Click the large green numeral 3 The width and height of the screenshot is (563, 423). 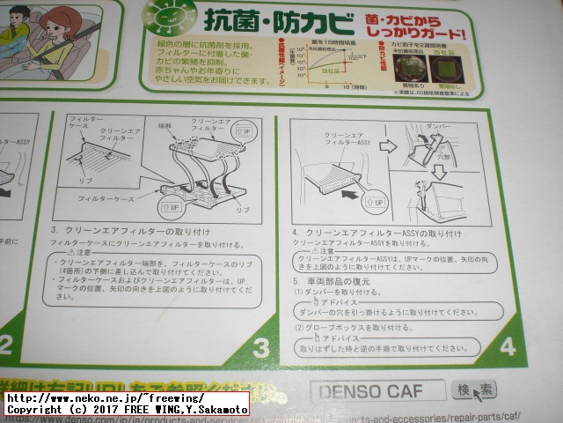[x=261, y=346]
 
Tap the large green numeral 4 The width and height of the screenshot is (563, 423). [x=508, y=345]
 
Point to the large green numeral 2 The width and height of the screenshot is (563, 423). [x=5, y=343]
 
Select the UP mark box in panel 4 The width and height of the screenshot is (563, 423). [x=375, y=202]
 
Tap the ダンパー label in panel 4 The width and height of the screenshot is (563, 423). [x=438, y=126]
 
